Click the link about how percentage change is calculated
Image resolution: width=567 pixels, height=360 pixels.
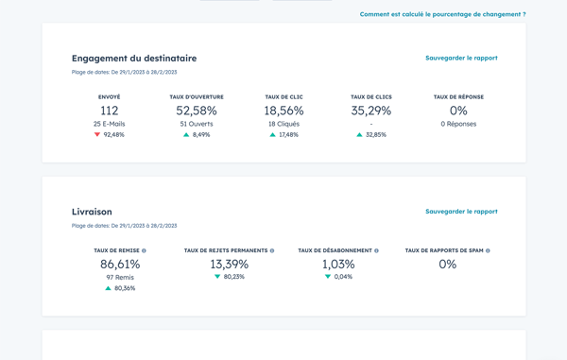[442, 14]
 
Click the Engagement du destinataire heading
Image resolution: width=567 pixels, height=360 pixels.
[134, 59]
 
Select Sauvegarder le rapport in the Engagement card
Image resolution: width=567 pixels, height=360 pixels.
[461, 58]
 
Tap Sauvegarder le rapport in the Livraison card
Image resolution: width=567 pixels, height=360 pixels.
[461, 212]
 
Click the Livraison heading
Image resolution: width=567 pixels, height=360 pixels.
[92, 212]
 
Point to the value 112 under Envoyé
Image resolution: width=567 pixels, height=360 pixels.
[110, 111]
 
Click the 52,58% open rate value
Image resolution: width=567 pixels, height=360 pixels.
[197, 111]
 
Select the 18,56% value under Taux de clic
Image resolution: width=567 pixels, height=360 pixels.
[283, 111]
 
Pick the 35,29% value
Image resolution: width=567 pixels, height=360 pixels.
[370, 111]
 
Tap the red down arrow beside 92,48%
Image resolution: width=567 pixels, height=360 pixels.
[97, 135]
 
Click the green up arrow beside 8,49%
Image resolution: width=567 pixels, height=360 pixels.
[186, 135]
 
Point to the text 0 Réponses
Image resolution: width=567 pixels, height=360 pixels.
[458, 124]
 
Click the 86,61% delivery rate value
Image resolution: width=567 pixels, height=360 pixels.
[120, 265]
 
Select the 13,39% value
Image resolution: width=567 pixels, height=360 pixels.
[229, 265]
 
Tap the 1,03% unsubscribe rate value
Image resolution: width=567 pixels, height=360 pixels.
[338, 265]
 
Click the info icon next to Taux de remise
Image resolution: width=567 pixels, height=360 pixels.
[144, 251]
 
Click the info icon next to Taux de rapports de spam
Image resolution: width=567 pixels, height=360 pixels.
[488, 251]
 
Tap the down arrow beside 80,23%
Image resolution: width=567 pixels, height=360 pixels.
[217, 277]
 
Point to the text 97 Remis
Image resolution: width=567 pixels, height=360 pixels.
[120, 277]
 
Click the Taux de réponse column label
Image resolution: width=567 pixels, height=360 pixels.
[458, 97]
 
